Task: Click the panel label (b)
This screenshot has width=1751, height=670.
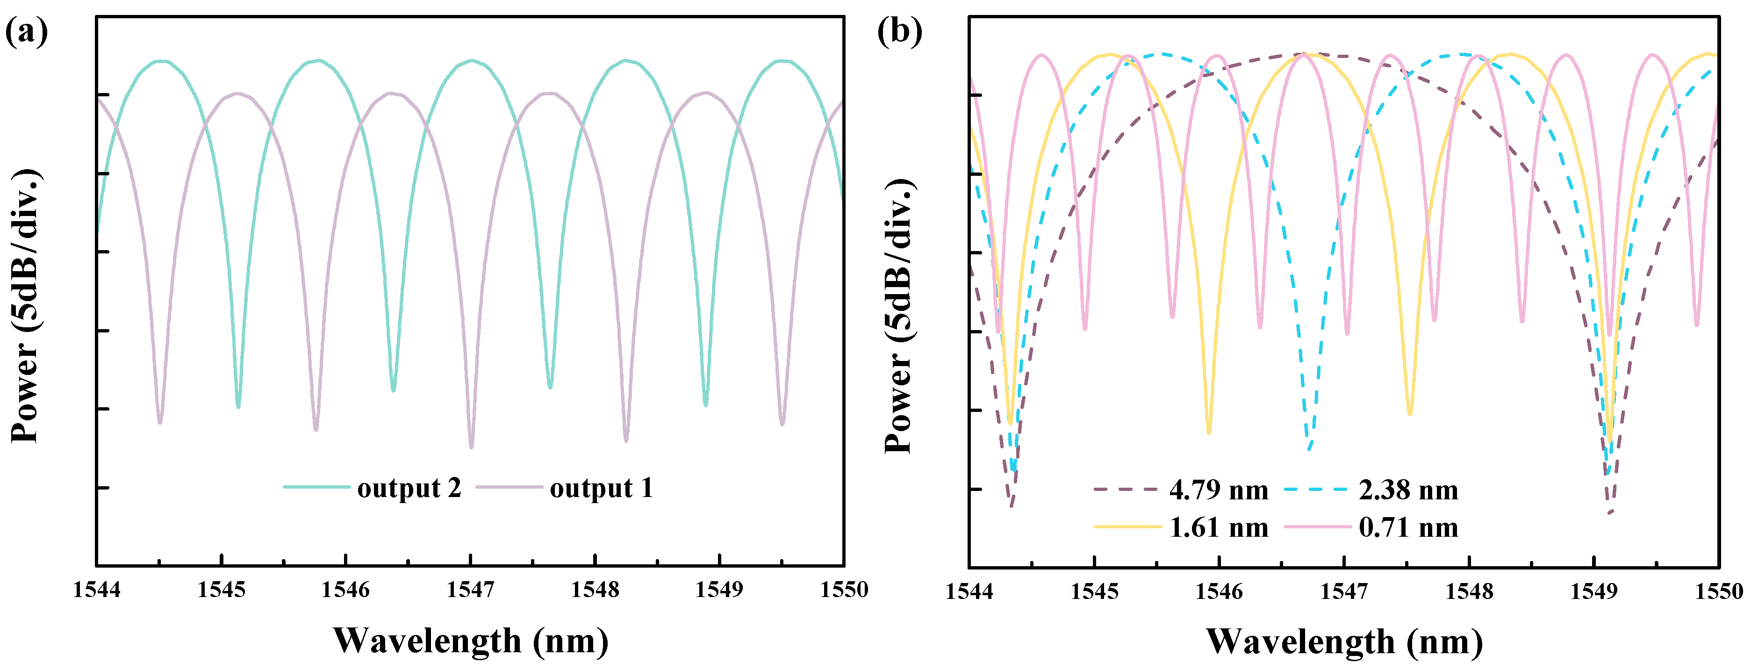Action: click(x=899, y=31)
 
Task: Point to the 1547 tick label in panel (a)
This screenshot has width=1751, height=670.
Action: click(x=470, y=590)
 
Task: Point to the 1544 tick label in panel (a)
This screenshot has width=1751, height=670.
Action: click(x=96, y=590)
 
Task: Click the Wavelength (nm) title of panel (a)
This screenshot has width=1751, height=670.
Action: click(x=470, y=641)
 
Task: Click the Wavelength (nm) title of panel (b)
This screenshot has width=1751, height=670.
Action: click(x=1344, y=641)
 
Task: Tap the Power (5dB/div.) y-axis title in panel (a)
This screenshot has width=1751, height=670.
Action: click(x=26, y=306)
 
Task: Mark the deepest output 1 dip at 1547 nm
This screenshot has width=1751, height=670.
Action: click(x=471, y=446)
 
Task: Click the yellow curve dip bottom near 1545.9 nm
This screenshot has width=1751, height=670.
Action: click(x=1209, y=432)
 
